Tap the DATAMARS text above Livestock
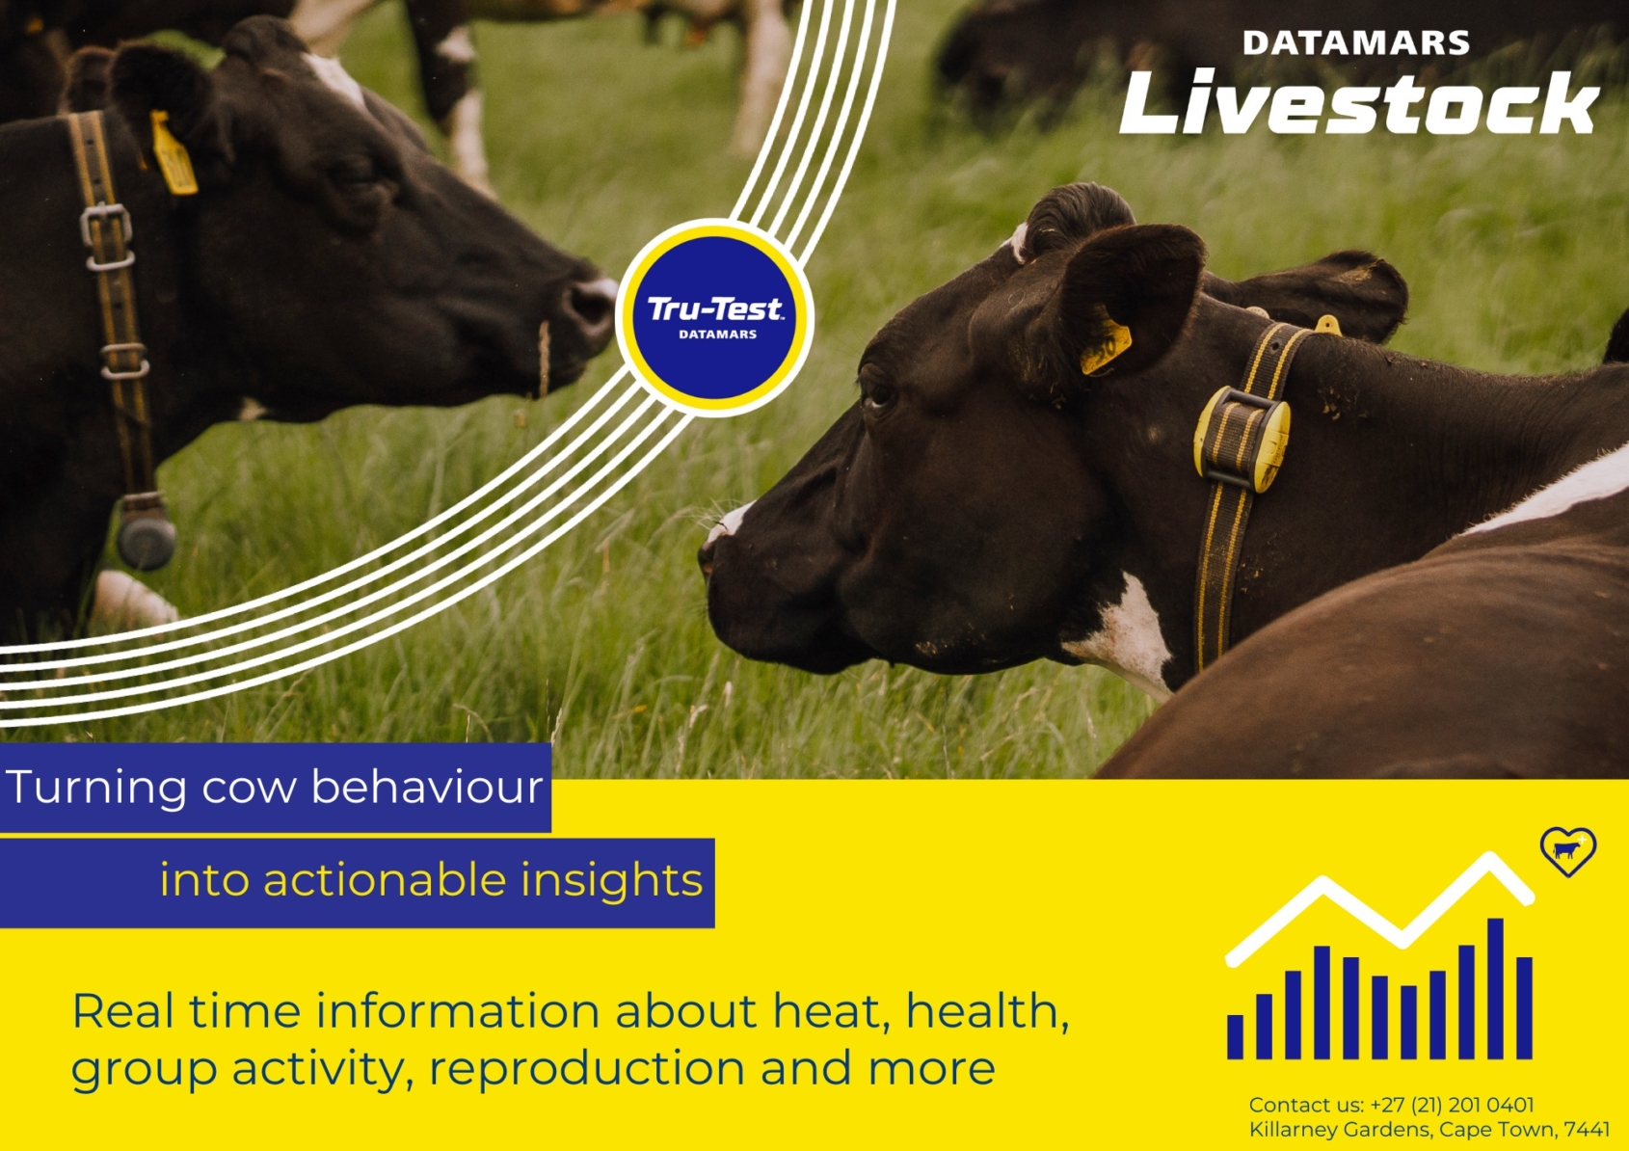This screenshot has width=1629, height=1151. tap(1355, 43)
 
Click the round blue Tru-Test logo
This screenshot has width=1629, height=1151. tap(714, 318)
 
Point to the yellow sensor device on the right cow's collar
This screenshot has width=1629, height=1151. tap(1242, 439)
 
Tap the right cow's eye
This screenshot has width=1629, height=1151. tap(878, 392)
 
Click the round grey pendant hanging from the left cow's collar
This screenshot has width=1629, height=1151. tap(147, 541)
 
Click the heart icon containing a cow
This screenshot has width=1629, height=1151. tap(1567, 850)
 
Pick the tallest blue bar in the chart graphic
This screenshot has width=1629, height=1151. tap(1495, 988)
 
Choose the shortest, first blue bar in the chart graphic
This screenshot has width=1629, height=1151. tap(1235, 1036)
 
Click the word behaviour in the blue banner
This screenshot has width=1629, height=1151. tap(427, 788)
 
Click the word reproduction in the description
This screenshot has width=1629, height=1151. tap(586, 1069)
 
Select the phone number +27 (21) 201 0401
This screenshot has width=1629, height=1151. tap(1452, 1105)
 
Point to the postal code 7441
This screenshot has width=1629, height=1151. tap(1587, 1129)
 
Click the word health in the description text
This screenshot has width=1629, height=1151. tap(983, 1011)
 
